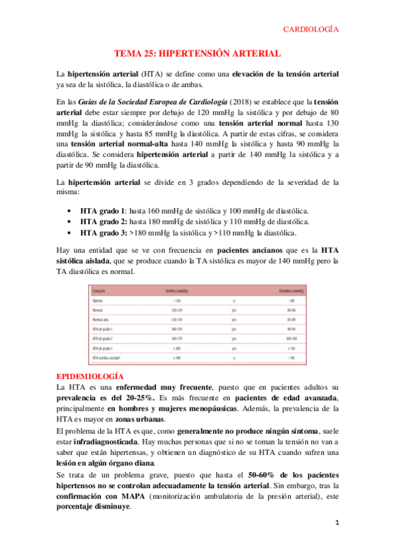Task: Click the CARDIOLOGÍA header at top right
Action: click(x=311, y=29)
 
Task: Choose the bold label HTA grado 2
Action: click(x=104, y=221)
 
